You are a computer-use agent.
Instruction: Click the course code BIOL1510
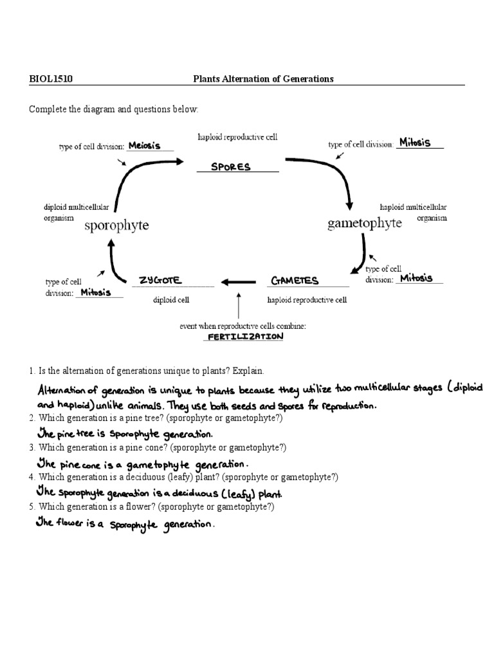pos(51,79)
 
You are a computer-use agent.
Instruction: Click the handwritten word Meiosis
pos(144,145)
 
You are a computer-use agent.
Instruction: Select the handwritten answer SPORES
pos(231,167)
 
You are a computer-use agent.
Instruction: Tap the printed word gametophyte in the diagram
pos(365,223)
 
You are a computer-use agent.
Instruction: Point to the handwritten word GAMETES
pos(295,281)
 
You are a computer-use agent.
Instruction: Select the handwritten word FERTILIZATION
pos(244,337)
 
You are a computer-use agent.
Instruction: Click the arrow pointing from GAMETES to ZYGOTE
pos(240,281)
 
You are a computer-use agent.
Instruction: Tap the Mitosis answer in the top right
pos(415,142)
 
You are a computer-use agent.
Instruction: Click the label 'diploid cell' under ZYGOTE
pos(171,300)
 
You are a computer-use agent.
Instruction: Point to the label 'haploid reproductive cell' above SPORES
pos(237,138)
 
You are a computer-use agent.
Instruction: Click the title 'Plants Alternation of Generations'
pos(264,79)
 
